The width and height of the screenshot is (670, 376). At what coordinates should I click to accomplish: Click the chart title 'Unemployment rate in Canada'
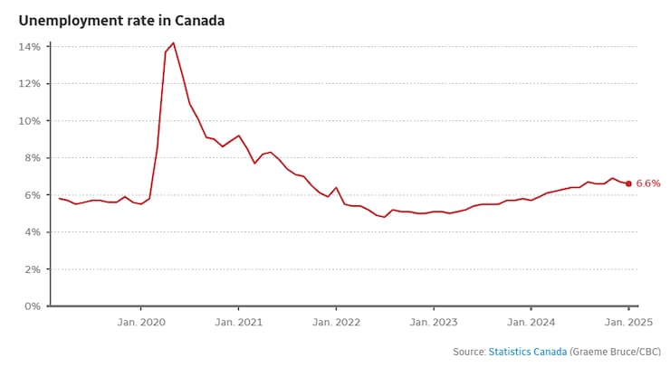[121, 20]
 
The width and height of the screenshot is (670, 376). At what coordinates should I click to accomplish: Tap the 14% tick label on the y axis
[31, 46]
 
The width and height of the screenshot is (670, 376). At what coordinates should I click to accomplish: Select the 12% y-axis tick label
[31, 83]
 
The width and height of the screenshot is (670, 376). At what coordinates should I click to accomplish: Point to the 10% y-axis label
[31, 120]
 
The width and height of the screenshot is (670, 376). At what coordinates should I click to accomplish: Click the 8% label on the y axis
[33, 157]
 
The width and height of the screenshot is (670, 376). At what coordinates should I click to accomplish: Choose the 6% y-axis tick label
[33, 194]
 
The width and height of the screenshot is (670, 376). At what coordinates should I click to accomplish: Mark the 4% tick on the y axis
[33, 231]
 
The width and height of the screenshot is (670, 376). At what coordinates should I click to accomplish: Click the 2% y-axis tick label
[33, 268]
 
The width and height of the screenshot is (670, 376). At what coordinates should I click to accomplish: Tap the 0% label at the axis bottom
[33, 305]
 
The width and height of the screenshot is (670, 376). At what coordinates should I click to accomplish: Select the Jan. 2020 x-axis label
[140, 322]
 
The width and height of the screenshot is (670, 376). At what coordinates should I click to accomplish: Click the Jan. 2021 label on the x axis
[238, 322]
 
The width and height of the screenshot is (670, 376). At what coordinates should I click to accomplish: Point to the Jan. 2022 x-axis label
[336, 322]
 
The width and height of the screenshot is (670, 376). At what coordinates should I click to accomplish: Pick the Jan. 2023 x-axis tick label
[433, 322]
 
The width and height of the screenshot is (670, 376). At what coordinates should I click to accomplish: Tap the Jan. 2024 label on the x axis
[531, 322]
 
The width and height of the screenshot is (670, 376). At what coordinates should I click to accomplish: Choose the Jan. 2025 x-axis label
[628, 322]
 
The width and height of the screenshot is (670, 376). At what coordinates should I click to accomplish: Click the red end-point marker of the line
[628, 183]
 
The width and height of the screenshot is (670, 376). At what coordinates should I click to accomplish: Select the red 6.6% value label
[648, 183]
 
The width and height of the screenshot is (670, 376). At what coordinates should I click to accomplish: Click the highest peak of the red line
[173, 42]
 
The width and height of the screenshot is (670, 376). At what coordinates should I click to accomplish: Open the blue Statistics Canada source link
[528, 352]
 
